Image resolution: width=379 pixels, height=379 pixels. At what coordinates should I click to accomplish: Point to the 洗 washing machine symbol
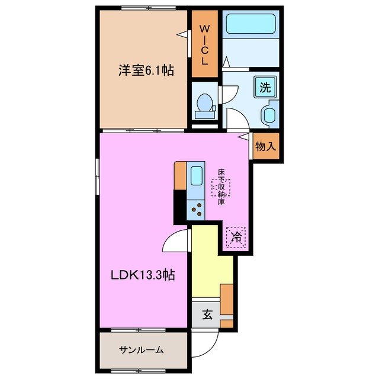[x=265, y=88]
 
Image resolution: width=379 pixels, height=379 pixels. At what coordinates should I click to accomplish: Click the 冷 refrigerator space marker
[x=236, y=238]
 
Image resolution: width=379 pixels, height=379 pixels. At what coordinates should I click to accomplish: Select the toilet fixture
[x=205, y=103]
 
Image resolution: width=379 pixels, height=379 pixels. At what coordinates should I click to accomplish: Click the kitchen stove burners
[x=197, y=208]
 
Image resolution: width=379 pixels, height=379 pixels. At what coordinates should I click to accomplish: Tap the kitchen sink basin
[x=197, y=176]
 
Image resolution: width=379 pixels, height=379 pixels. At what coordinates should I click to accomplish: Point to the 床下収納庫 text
[x=221, y=187]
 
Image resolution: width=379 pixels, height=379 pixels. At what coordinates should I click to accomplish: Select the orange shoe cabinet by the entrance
[x=226, y=302]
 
